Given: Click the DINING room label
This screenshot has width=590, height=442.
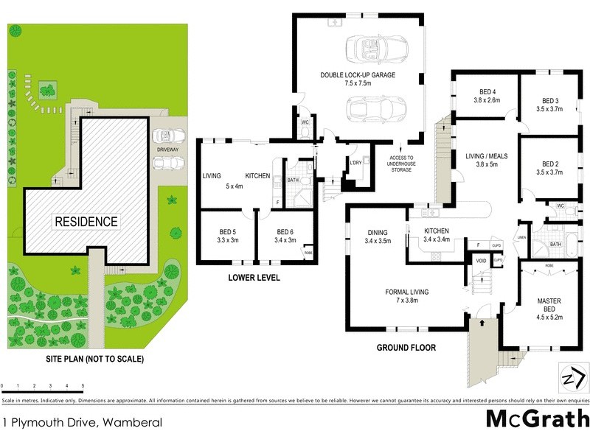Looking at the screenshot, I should pyautogui.click(x=378, y=236).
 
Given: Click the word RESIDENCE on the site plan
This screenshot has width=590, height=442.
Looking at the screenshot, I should pyautogui.click(x=85, y=221).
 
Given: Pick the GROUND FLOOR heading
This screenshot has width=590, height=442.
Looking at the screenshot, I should pyautogui.click(x=406, y=347).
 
